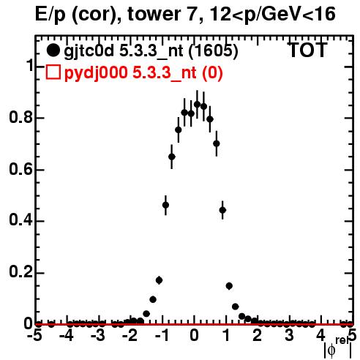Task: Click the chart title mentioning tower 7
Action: [185, 14]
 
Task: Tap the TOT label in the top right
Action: [307, 50]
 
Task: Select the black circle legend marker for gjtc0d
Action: [53, 50]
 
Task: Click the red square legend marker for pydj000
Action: [53, 72]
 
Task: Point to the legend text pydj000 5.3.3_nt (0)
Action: [143, 72]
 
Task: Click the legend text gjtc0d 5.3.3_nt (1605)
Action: [151, 51]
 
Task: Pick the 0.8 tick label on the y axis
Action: [20, 117]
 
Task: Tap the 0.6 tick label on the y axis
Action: [20, 169]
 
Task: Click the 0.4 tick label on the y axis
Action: [20, 220]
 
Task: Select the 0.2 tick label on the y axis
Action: [20, 271]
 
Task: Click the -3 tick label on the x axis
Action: [98, 335]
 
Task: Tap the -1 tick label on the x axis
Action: [162, 335]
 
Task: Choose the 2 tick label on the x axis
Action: [258, 335]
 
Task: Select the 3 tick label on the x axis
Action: [290, 335]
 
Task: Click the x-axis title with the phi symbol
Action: [338, 348]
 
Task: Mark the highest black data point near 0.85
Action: [197, 105]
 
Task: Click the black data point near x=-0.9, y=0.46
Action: [165, 205]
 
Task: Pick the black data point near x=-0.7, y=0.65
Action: [172, 157]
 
